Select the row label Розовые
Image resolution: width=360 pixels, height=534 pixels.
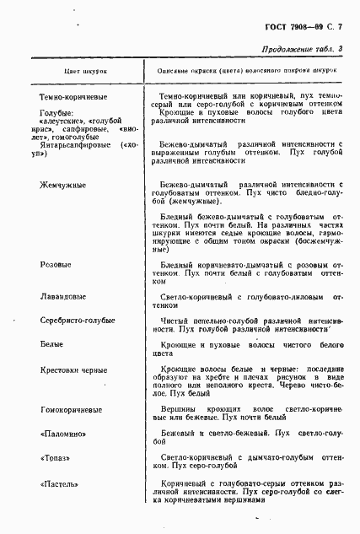[x=56, y=265]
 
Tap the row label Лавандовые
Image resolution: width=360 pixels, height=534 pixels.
[x=62, y=297]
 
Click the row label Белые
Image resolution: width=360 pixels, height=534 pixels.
[x=52, y=345]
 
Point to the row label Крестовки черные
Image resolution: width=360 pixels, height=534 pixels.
[x=73, y=369]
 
